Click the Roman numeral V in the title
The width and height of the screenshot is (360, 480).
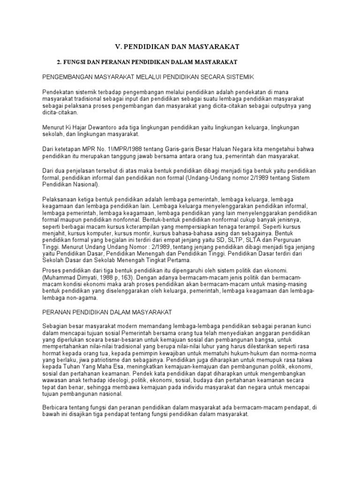pyautogui.click(x=118, y=46)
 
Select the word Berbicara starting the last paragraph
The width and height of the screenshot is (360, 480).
pyautogui.click(x=57, y=407)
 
